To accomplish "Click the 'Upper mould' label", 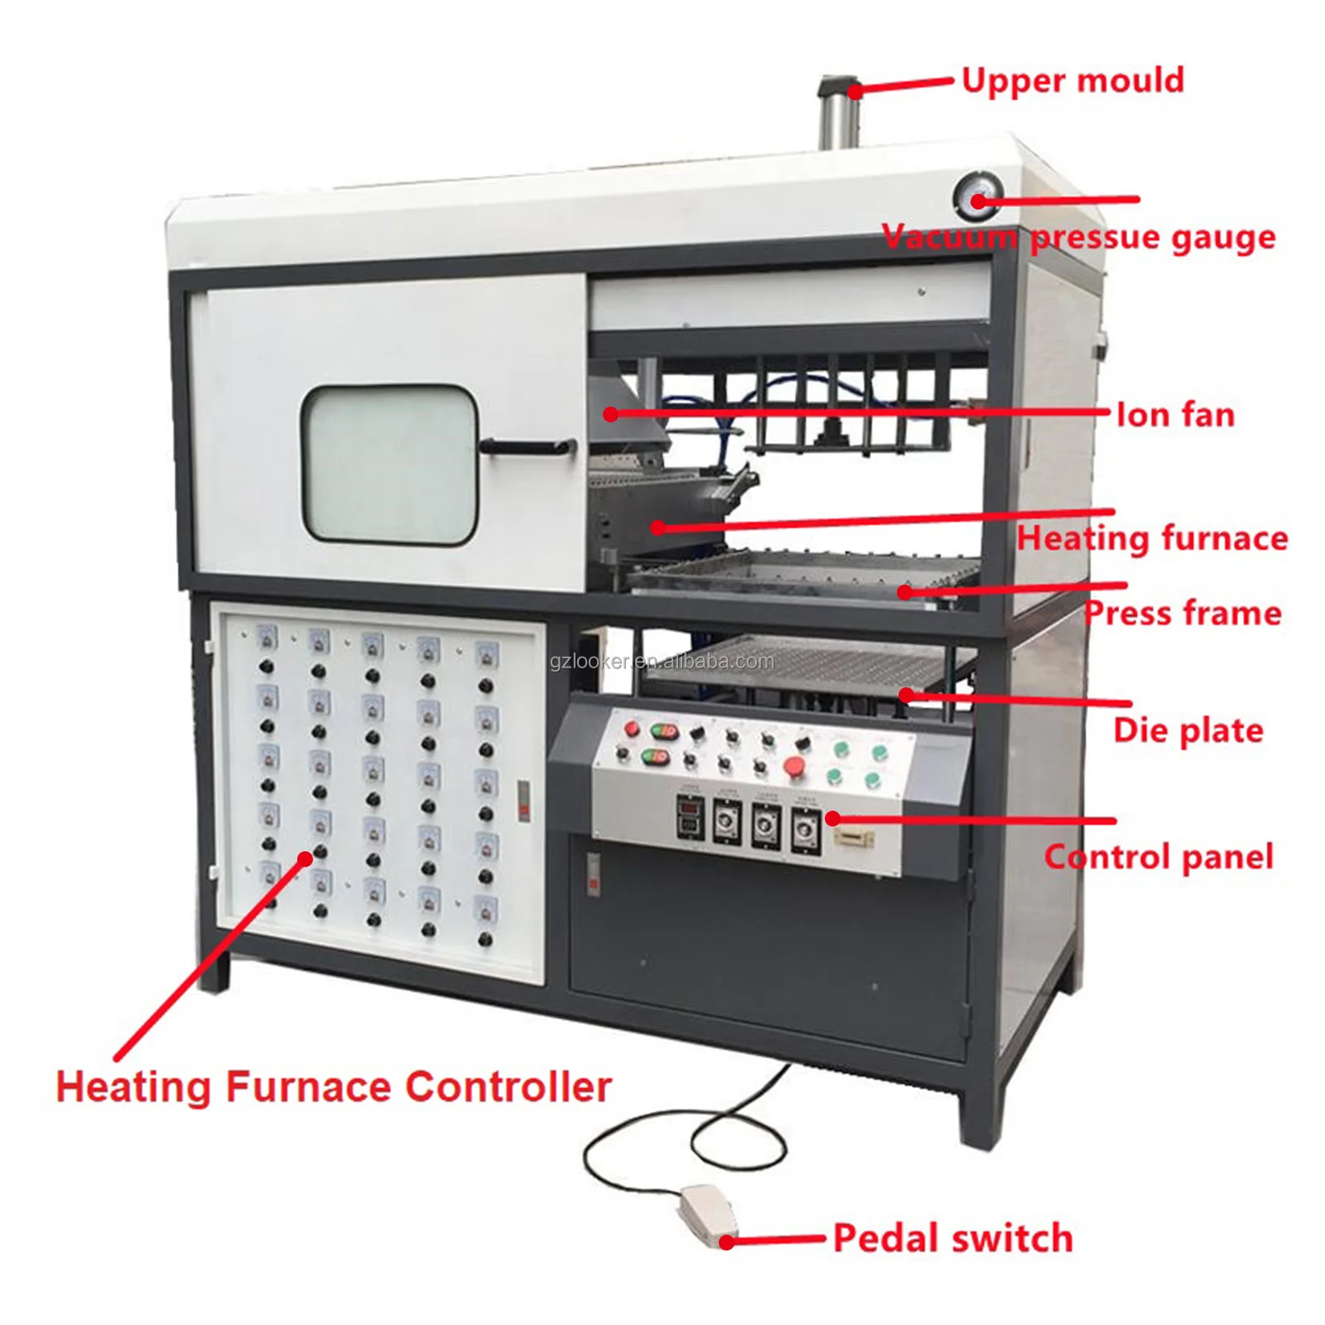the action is pos(1072,81).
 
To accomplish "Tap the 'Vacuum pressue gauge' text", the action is pos(1078,238).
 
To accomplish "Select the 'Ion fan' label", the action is pos(1175,415).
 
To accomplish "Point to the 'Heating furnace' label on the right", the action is pos(1152,538).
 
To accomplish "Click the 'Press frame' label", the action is pos(1183,614).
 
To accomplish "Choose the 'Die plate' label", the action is pos(1188,730).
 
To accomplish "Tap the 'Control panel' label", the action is pos(1159,857).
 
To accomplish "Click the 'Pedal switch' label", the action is pos(952,1238).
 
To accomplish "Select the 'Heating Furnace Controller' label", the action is pos(334,1086).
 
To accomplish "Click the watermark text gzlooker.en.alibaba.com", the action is pos(662,662).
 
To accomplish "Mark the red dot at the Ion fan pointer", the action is pos(610,413).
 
